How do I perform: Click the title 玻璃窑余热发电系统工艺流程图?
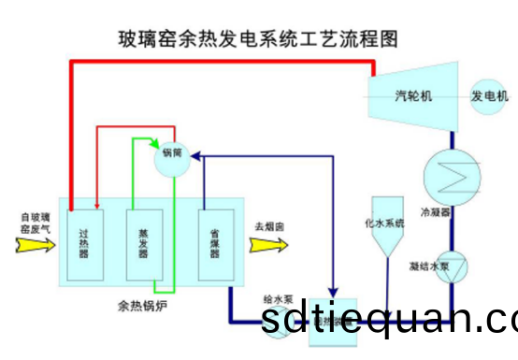point(258,38)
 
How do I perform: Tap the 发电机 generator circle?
point(489,96)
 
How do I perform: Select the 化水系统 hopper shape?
point(386,230)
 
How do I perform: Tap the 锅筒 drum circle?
point(172,155)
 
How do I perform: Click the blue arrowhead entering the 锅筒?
point(199,158)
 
